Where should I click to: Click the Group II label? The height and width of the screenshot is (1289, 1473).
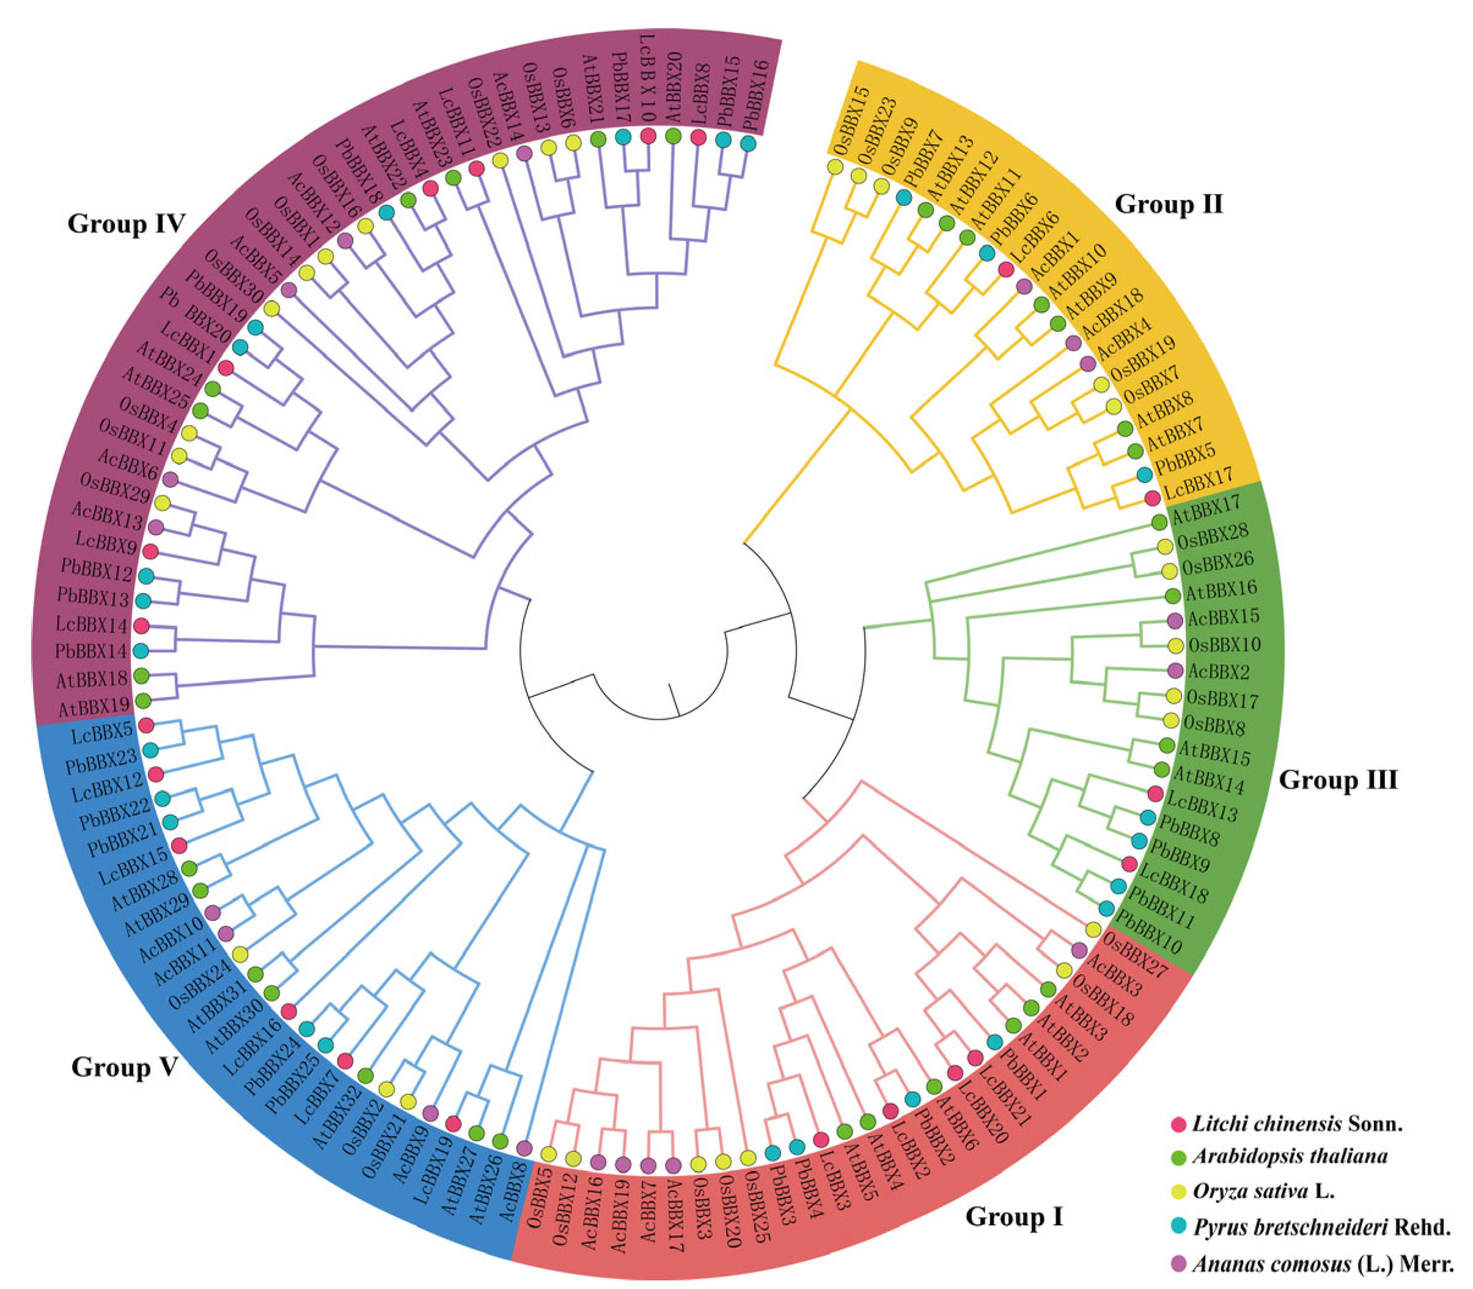tap(1167, 204)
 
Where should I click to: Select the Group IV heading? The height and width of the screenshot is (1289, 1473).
tap(126, 224)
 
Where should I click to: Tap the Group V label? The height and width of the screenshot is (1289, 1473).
tap(123, 1067)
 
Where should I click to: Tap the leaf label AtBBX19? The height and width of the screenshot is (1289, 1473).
tap(93, 706)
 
